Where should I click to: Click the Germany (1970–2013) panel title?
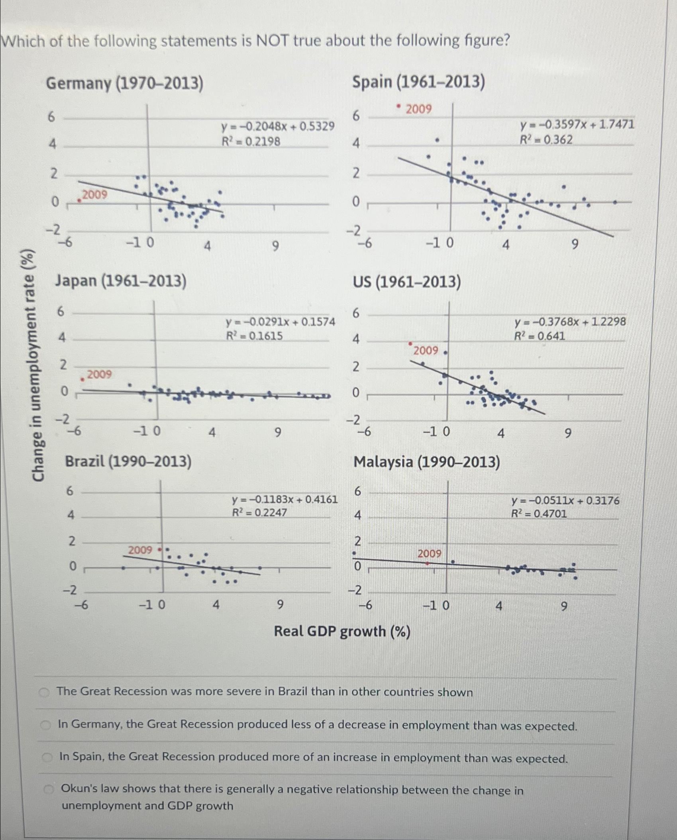125,84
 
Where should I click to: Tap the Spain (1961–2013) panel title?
418,82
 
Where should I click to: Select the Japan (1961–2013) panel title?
121,281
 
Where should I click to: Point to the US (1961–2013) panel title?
407,283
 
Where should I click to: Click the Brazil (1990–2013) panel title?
128,462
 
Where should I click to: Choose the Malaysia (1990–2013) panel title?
427,463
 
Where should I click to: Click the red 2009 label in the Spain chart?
418,109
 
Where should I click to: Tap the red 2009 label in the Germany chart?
95,194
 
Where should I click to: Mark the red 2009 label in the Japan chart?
99,374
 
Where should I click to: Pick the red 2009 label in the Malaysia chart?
430,553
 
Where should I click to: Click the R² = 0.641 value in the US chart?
539,336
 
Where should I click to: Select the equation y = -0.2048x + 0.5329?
278,127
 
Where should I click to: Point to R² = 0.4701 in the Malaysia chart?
539,514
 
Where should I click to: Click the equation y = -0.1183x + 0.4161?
285,499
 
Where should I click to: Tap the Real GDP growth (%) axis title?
342,632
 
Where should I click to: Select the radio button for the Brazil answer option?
45,693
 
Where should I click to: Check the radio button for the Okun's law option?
49,789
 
